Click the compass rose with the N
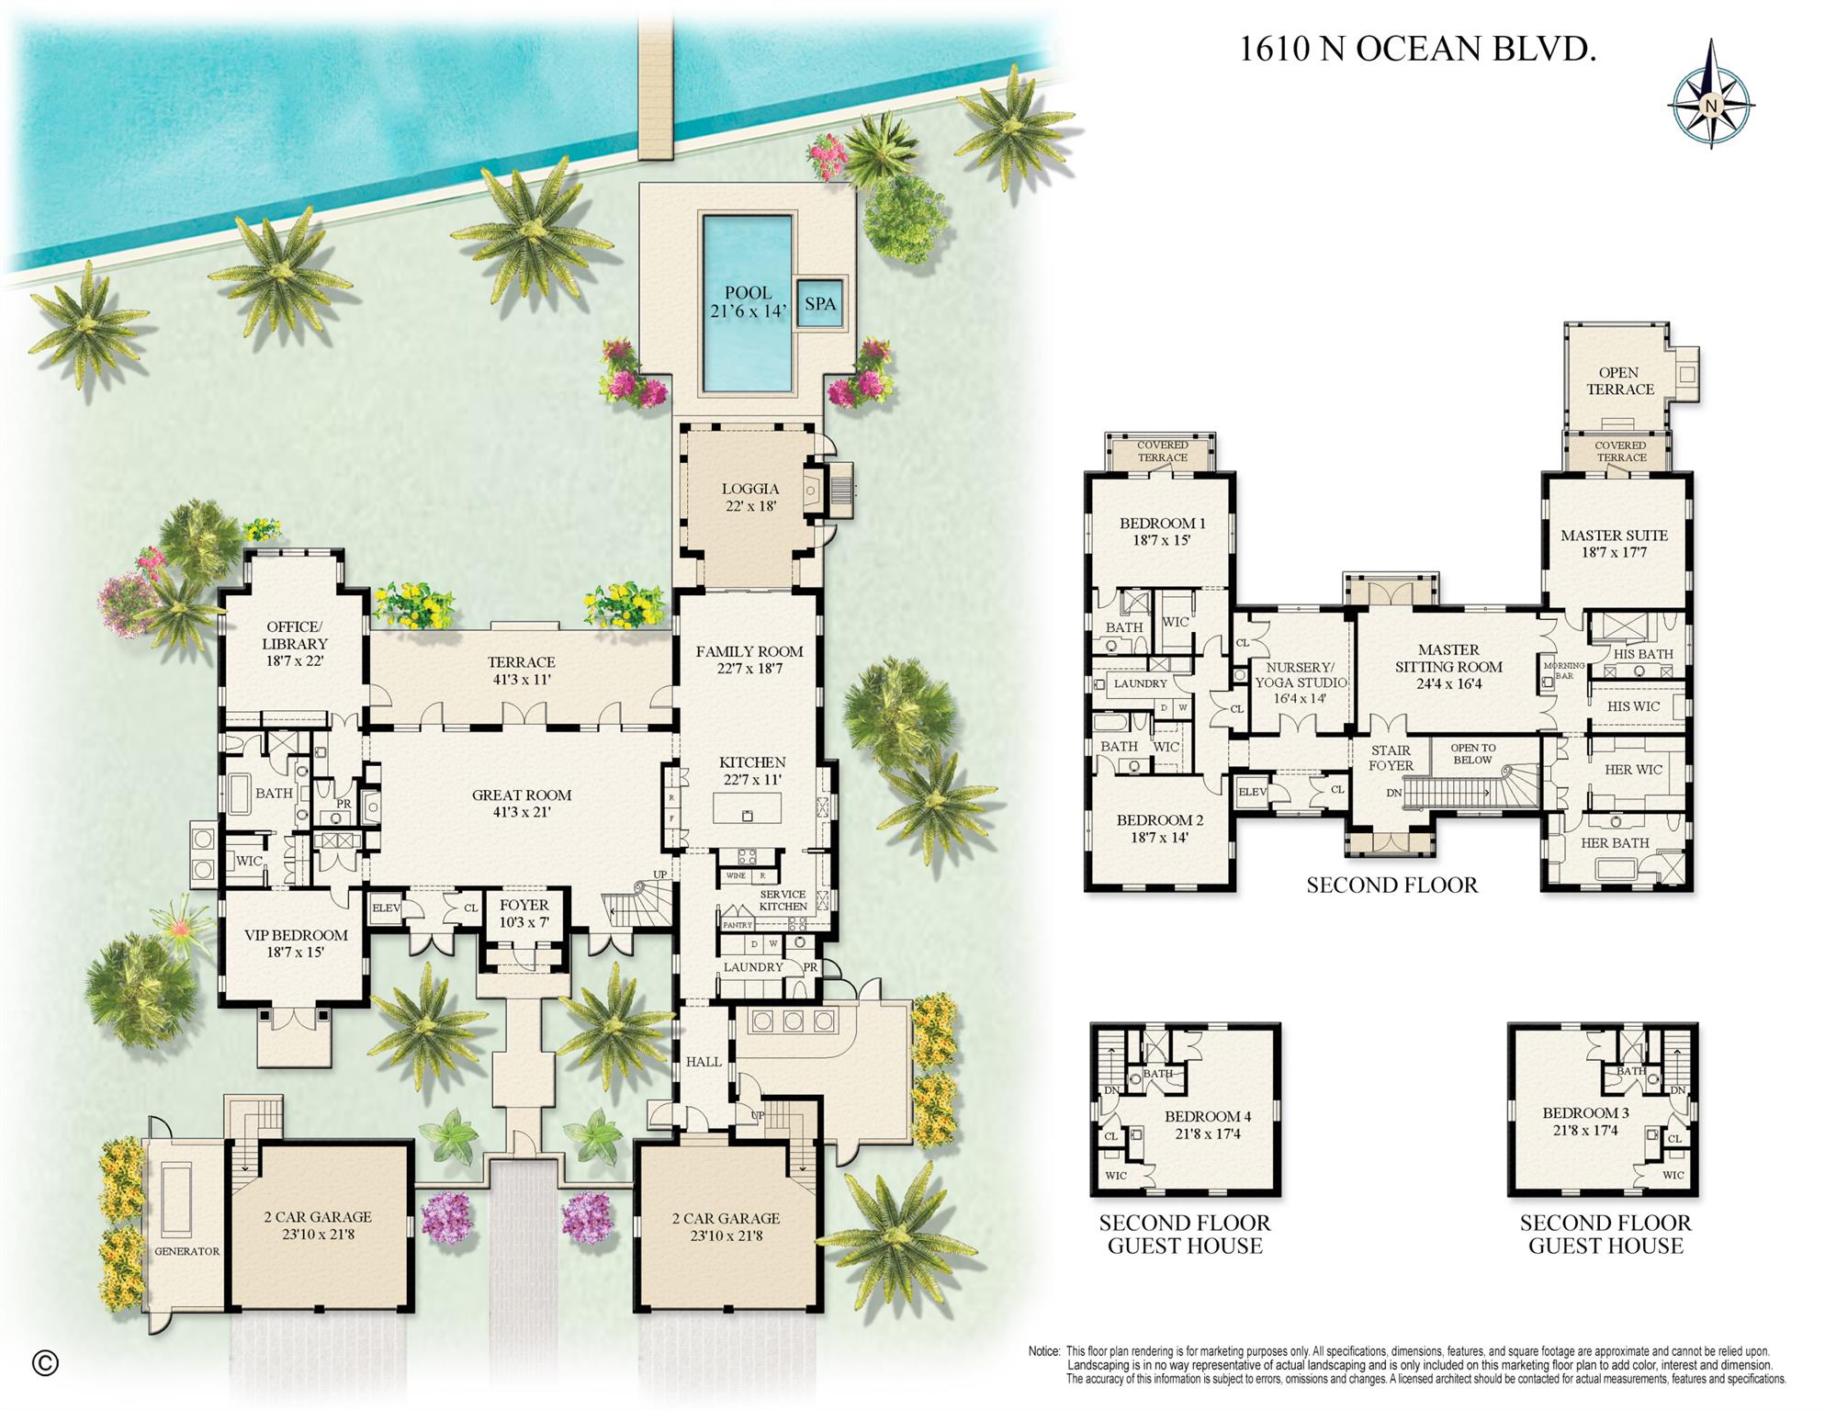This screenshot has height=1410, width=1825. (x=1710, y=95)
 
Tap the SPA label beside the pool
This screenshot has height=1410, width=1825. (x=819, y=303)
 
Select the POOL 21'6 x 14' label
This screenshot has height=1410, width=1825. (x=748, y=302)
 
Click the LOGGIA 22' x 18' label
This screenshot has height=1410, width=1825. (x=750, y=497)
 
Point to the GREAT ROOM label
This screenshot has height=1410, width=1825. (x=521, y=803)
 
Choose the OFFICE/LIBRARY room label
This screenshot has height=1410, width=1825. (x=294, y=643)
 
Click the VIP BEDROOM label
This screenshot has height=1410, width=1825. (x=296, y=942)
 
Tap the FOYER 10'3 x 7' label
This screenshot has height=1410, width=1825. (x=524, y=913)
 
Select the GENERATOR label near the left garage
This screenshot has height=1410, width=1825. (x=186, y=1251)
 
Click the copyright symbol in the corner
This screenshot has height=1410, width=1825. (x=45, y=1363)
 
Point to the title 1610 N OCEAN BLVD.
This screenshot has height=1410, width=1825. (x=1417, y=49)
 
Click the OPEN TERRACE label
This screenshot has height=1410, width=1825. (x=1619, y=380)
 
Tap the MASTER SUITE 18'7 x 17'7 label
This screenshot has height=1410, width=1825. (x=1614, y=543)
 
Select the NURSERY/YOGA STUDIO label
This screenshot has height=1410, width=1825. (x=1300, y=675)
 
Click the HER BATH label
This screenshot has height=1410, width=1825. (x=1615, y=842)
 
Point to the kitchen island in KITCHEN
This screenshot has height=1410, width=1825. (x=748, y=808)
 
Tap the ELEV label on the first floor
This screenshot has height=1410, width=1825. (x=386, y=908)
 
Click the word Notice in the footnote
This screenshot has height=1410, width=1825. (x=1043, y=1351)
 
